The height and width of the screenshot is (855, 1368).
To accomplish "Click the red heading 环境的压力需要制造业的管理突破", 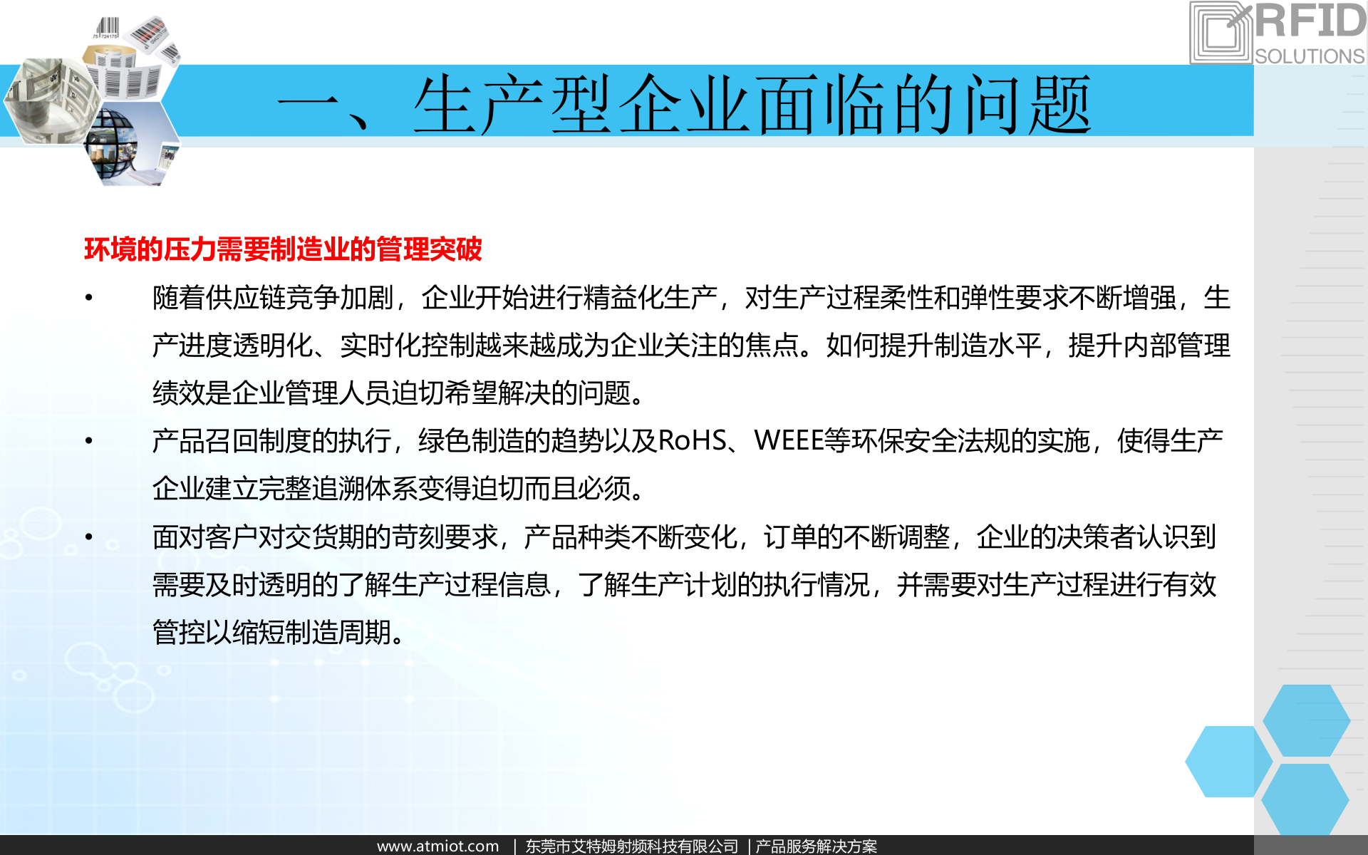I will click(283, 249).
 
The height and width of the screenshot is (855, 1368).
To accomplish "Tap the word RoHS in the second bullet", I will click(692, 440).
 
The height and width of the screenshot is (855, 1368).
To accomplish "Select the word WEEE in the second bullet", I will click(788, 440).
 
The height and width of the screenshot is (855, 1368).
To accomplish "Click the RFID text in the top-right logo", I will click(1310, 21).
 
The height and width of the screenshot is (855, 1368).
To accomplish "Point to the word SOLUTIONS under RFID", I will click(1310, 56).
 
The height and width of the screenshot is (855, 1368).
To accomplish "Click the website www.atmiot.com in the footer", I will click(437, 846).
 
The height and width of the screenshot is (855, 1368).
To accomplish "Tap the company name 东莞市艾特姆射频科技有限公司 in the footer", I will click(632, 846).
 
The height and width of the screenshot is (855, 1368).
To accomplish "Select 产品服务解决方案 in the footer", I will click(817, 846).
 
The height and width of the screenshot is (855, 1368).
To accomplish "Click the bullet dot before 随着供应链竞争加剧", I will click(89, 297).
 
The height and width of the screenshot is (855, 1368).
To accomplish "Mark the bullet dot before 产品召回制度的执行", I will click(89, 440).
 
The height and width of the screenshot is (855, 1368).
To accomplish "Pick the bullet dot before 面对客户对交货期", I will click(89, 537).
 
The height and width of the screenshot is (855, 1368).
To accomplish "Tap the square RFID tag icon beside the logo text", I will click(1221, 33).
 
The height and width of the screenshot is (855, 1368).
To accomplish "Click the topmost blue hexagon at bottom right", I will click(1306, 720).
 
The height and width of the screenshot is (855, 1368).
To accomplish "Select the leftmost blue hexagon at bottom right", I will click(1228, 761).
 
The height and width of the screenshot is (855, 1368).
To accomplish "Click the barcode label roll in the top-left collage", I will click(128, 71).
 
